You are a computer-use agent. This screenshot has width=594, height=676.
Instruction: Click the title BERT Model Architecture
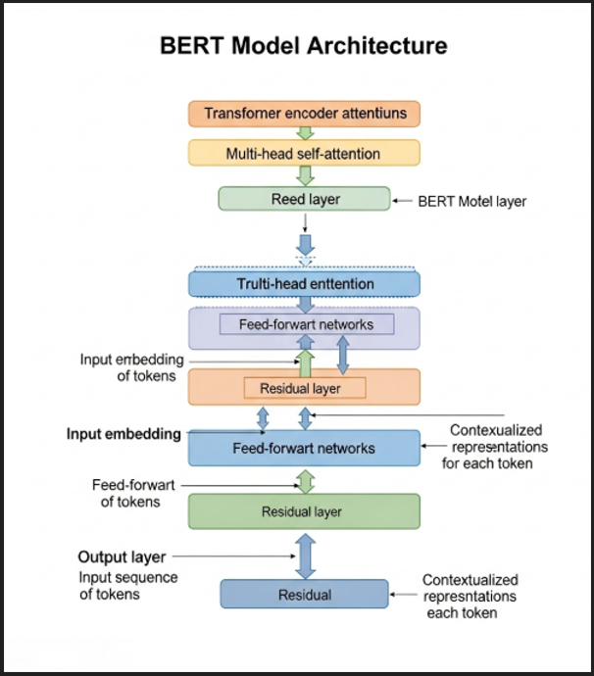click(x=303, y=45)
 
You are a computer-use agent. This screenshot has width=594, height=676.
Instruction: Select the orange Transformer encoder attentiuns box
click(x=304, y=113)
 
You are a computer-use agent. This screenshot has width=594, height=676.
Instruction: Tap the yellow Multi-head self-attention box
click(x=304, y=153)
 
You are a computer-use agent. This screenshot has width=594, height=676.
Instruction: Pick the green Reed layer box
click(x=305, y=200)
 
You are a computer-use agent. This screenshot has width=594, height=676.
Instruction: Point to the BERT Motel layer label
click(x=471, y=202)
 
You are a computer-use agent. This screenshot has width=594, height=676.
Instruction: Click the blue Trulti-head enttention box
click(x=304, y=284)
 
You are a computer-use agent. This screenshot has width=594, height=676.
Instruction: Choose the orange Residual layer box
click(x=304, y=388)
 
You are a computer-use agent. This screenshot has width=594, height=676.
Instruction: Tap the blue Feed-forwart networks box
click(x=304, y=448)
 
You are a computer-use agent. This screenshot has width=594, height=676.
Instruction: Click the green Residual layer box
click(x=304, y=511)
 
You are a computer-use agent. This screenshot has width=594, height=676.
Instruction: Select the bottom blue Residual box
click(x=304, y=595)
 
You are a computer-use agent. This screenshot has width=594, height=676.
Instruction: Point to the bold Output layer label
click(x=122, y=557)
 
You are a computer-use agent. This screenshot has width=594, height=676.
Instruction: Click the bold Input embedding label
click(x=124, y=434)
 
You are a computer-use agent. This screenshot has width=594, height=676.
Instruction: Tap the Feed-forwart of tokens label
click(x=126, y=493)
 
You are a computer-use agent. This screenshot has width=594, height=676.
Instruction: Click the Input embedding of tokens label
click(x=131, y=367)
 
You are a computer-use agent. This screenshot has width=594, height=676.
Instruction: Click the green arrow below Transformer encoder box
click(x=305, y=133)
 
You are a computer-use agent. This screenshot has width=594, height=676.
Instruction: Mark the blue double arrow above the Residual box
click(x=305, y=555)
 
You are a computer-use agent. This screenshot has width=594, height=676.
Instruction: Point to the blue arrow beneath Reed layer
click(x=305, y=245)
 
